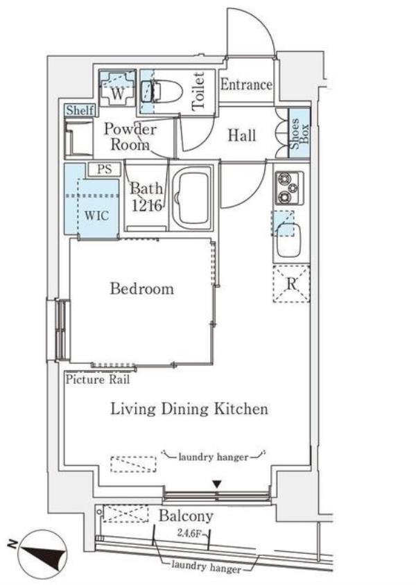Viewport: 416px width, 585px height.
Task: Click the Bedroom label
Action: click(141, 289)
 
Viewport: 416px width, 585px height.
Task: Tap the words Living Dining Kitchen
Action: click(189, 409)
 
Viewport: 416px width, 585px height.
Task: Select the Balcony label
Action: click(186, 516)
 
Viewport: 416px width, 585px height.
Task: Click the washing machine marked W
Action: click(117, 88)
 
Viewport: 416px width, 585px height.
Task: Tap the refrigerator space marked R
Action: click(291, 283)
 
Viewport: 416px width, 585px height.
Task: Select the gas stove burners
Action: click(289, 189)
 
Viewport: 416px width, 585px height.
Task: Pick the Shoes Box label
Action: click(300, 133)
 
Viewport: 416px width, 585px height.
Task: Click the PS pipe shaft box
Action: click(105, 169)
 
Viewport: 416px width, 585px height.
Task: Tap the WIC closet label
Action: click(96, 216)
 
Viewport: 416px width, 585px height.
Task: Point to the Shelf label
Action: click(80, 110)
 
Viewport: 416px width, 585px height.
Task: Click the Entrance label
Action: click(246, 85)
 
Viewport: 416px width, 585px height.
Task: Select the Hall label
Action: click(242, 135)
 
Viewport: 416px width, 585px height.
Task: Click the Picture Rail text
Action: click(98, 380)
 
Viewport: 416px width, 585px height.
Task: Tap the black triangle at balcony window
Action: click(217, 484)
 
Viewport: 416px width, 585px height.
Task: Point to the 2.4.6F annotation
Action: click(189, 534)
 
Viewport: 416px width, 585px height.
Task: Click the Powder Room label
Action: click(130, 137)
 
